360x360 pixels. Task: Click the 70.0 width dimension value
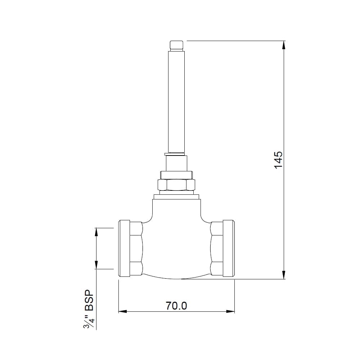point(176,306)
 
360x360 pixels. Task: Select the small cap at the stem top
point(176,45)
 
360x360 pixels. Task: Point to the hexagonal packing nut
point(176,185)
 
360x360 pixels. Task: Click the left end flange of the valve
point(124,248)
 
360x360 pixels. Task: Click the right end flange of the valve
point(229,248)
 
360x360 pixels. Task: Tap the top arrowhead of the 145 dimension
point(284,45)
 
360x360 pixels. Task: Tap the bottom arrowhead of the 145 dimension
point(284,275)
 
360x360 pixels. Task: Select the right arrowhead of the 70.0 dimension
point(230,311)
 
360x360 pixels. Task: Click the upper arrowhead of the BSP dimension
point(96,232)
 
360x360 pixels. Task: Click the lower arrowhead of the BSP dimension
point(96,265)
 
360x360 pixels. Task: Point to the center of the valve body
point(176,245)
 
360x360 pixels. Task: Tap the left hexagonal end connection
point(136,248)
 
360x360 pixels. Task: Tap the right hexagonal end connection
point(217,248)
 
